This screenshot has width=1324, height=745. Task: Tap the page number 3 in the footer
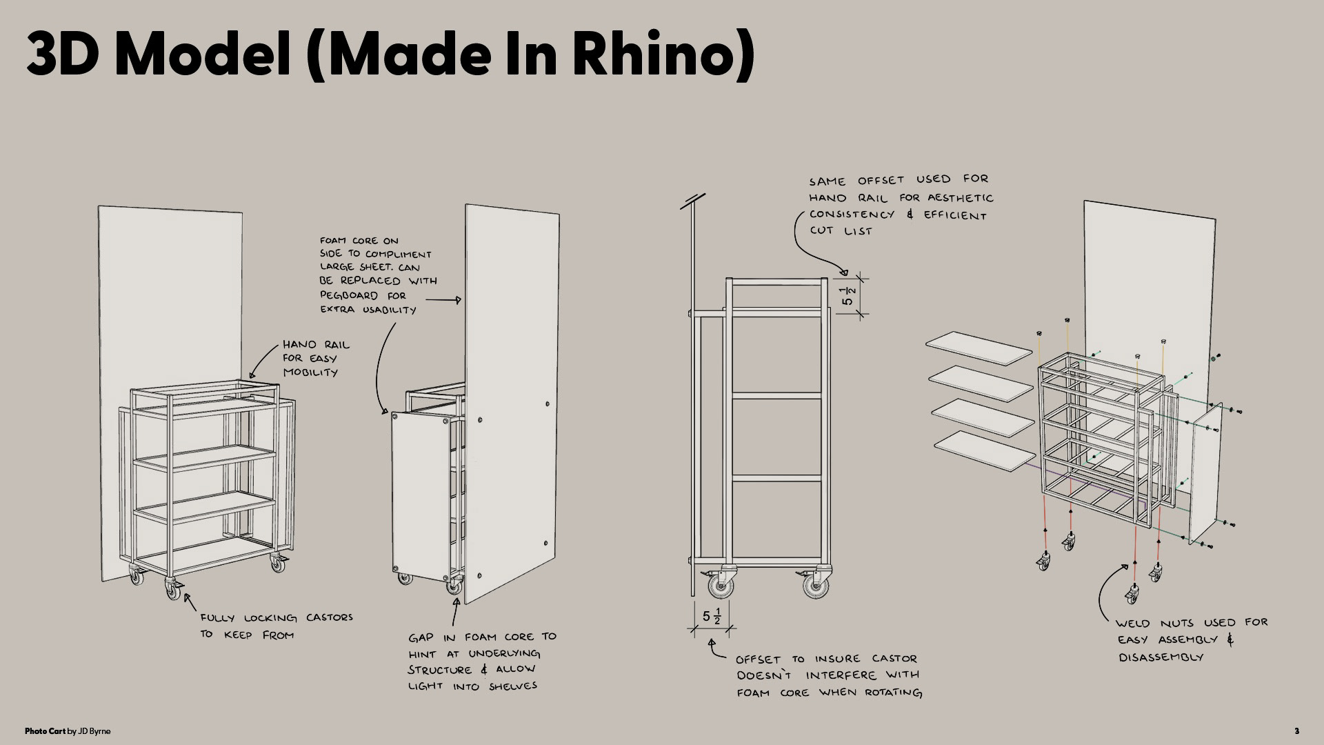(1296, 731)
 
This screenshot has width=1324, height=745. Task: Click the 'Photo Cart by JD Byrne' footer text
(68, 731)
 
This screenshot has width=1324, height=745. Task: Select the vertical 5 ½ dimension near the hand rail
(848, 296)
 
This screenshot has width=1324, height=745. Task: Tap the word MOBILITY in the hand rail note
(310, 372)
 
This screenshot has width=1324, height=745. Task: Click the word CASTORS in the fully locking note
(330, 617)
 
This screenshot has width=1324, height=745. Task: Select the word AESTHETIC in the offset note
(961, 198)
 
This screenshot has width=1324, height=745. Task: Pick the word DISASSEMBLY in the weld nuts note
(1161, 657)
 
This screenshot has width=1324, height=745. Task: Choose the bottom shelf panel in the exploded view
(985, 451)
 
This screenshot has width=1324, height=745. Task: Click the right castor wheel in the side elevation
(816, 585)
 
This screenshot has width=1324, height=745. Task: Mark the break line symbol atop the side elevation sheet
(692, 201)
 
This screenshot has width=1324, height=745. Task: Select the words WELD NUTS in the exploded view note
(1154, 623)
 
